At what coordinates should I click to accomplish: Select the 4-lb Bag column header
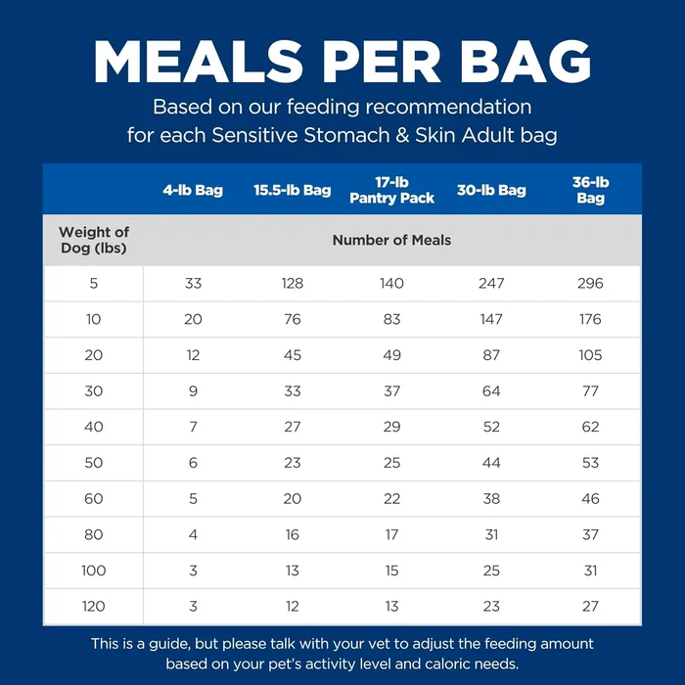pyautogui.click(x=193, y=190)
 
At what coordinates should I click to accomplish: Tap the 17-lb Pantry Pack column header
pyautogui.click(x=391, y=190)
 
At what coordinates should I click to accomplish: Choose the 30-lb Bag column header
pyautogui.click(x=491, y=190)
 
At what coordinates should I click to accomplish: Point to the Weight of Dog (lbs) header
pyautogui.click(x=94, y=240)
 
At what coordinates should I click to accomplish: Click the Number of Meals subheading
pyautogui.click(x=391, y=240)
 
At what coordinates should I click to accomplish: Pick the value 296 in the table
pyautogui.click(x=590, y=284)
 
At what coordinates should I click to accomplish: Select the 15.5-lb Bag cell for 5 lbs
pyautogui.click(x=292, y=284)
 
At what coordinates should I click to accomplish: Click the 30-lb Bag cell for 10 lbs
pyautogui.click(x=491, y=319)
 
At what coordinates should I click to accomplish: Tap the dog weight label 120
pyautogui.click(x=94, y=607)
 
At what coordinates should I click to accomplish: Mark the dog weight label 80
pyautogui.click(x=94, y=535)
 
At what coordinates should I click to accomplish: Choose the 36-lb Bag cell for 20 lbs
pyautogui.click(x=590, y=355)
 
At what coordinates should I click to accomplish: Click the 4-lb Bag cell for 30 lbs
pyautogui.click(x=193, y=391)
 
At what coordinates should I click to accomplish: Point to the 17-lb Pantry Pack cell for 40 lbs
pyautogui.click(x=391, y=428)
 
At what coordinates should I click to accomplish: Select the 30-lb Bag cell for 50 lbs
pyautogui.click(x=491, y=463)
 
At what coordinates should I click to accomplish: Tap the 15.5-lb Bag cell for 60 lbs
pyautogui.click(x=292, y=499)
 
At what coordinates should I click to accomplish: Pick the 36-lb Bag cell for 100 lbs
pyautogui.click(x=590, y=571)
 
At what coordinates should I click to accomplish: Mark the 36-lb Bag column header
pyautogui.click(x=590, y=190)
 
